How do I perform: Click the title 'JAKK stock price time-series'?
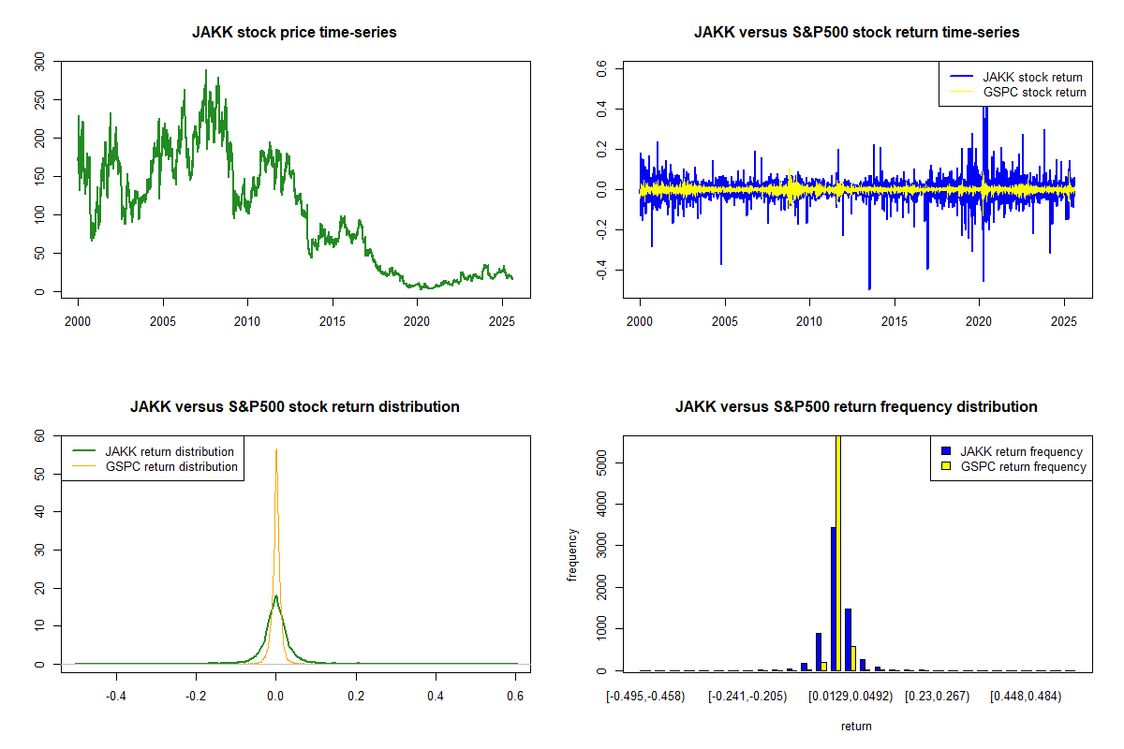pos(294,33)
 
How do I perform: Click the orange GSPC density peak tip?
pos(276,450)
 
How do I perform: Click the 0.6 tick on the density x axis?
pos(516,697)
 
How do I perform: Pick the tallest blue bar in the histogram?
pos(833,599)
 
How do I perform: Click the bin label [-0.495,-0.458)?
pos(645,697)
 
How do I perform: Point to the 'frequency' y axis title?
pos(573,554)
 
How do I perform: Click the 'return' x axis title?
pos(856,726)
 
